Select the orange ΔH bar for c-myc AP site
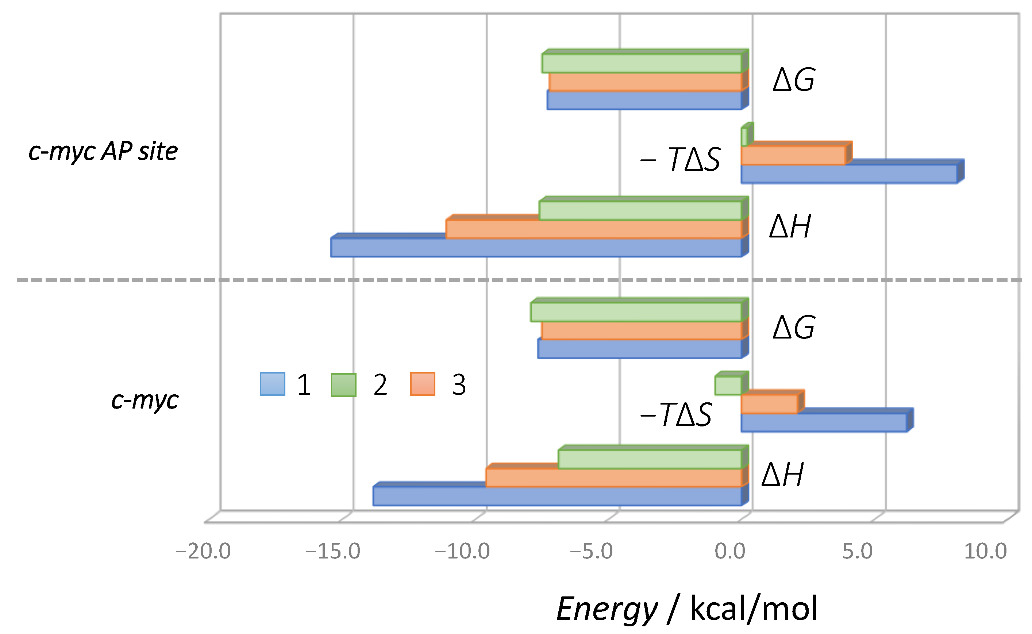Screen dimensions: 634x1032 click(594, 229)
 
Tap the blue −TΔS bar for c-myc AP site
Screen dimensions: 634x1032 click(849, 174)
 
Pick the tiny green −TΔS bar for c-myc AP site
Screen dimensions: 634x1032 click(744, 137)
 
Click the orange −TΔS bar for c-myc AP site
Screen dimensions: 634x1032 click(793, 155)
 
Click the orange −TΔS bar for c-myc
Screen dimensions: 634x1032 click(769, 404)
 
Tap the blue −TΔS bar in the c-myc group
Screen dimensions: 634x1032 click(824, 423)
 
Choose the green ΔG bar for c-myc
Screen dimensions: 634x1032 click(636, 312)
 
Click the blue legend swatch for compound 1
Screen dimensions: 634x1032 click(273, 384)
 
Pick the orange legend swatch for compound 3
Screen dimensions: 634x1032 click(423, 384)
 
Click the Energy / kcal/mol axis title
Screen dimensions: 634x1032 click(687, 609)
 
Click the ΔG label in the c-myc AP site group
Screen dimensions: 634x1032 click(794, 80)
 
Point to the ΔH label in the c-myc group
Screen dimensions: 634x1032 click(782, 475)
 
